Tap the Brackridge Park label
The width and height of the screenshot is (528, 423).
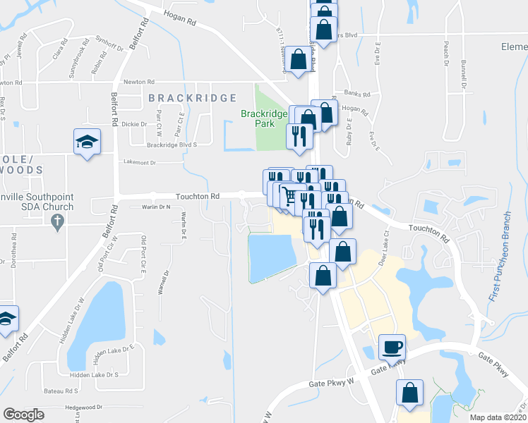[x=264, y=118]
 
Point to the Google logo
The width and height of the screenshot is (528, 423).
[x=23, y=414]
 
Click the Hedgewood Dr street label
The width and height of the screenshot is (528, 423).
[x=83, y=407]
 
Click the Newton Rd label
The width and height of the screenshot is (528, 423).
[x=138, y=82]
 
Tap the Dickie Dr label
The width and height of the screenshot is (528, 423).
[x=133, y=124]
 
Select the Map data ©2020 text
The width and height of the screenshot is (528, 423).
[x=498, y=417]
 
